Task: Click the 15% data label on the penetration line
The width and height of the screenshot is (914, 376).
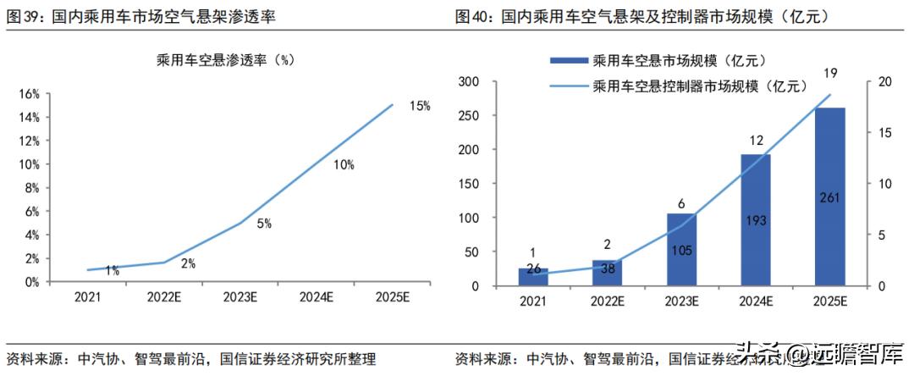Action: [420, 106]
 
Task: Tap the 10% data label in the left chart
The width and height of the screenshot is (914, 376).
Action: [344, 165]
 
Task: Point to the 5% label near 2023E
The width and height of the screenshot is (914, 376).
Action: [264, 224]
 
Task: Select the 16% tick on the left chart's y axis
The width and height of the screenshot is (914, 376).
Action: [29, 94]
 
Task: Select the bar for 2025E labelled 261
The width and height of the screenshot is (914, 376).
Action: [830, 196]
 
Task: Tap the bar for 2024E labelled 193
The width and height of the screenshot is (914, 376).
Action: [756, 220]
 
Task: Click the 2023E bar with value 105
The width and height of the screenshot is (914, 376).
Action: [682, 250]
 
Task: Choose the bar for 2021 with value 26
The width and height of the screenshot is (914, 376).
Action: [533, 277]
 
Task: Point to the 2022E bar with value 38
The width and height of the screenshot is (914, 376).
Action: [608, 273]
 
